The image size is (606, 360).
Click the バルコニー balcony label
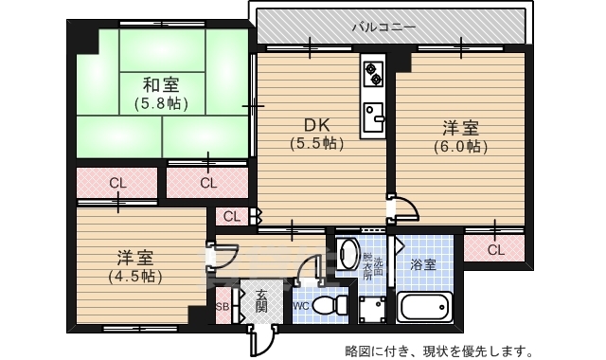pyautogui.click(x=384, y=27)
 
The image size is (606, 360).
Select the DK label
pyautogui.click(x=316, y=125)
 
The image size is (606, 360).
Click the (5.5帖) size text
pyautogui.click(x=316, y=143)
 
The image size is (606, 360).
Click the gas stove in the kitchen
pyautogui.click(x=372, y=72)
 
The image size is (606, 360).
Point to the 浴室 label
pyautogui.click(x=423, y=265)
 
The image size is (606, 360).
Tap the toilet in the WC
pyautogui.click(x=328, y=306)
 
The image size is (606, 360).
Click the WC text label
pyautogui.click(x=300, y=306)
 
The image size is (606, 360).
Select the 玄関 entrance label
pyautogui.click(x=261, y=301)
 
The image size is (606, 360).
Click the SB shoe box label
pyautogui.click(x=223, y=307)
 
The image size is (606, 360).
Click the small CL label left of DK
pyautogui.click(x=232, y=217)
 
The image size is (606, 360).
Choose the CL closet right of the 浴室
pyautogui.click(x=494, y=250)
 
